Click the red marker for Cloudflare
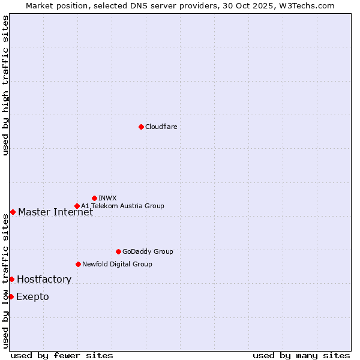pyautogui.click(x=141, y=127)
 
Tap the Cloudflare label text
pyautogui.click(x=161, y=127)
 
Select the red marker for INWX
pyautogui.click(x=94, y=198)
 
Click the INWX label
pyautogui.click(x=107, y=198)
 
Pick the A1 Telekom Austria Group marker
pyautogui.click(x=77, y=206)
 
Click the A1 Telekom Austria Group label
pyautogui.click(x=122, y=206)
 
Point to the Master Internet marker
pyautogui.click(x=13, y=212)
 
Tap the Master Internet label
pyautogui.click(x=55, y=212)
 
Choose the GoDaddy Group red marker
pyautogui.click(x=118, y=251)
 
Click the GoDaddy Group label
pyautogui.click(x=147, y=251)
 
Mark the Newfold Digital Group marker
pyautogui.click(x=78, y=264)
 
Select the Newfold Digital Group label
pyautogui.click(x=117, y=264)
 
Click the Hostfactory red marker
pyautogui.click(x=11, y=279)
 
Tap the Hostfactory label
pyautogui.click(x=44, y=279)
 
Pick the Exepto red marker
pyautogui.click(x=11, y=296)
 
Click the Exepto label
pyautogui.click(x=32, y=296)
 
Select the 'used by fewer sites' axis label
pyautogui.click(x=62, y=355)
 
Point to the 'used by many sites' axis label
pyautogui.click(x=301, y=355)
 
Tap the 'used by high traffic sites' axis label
pyautogui.click(x=5, y=85)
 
